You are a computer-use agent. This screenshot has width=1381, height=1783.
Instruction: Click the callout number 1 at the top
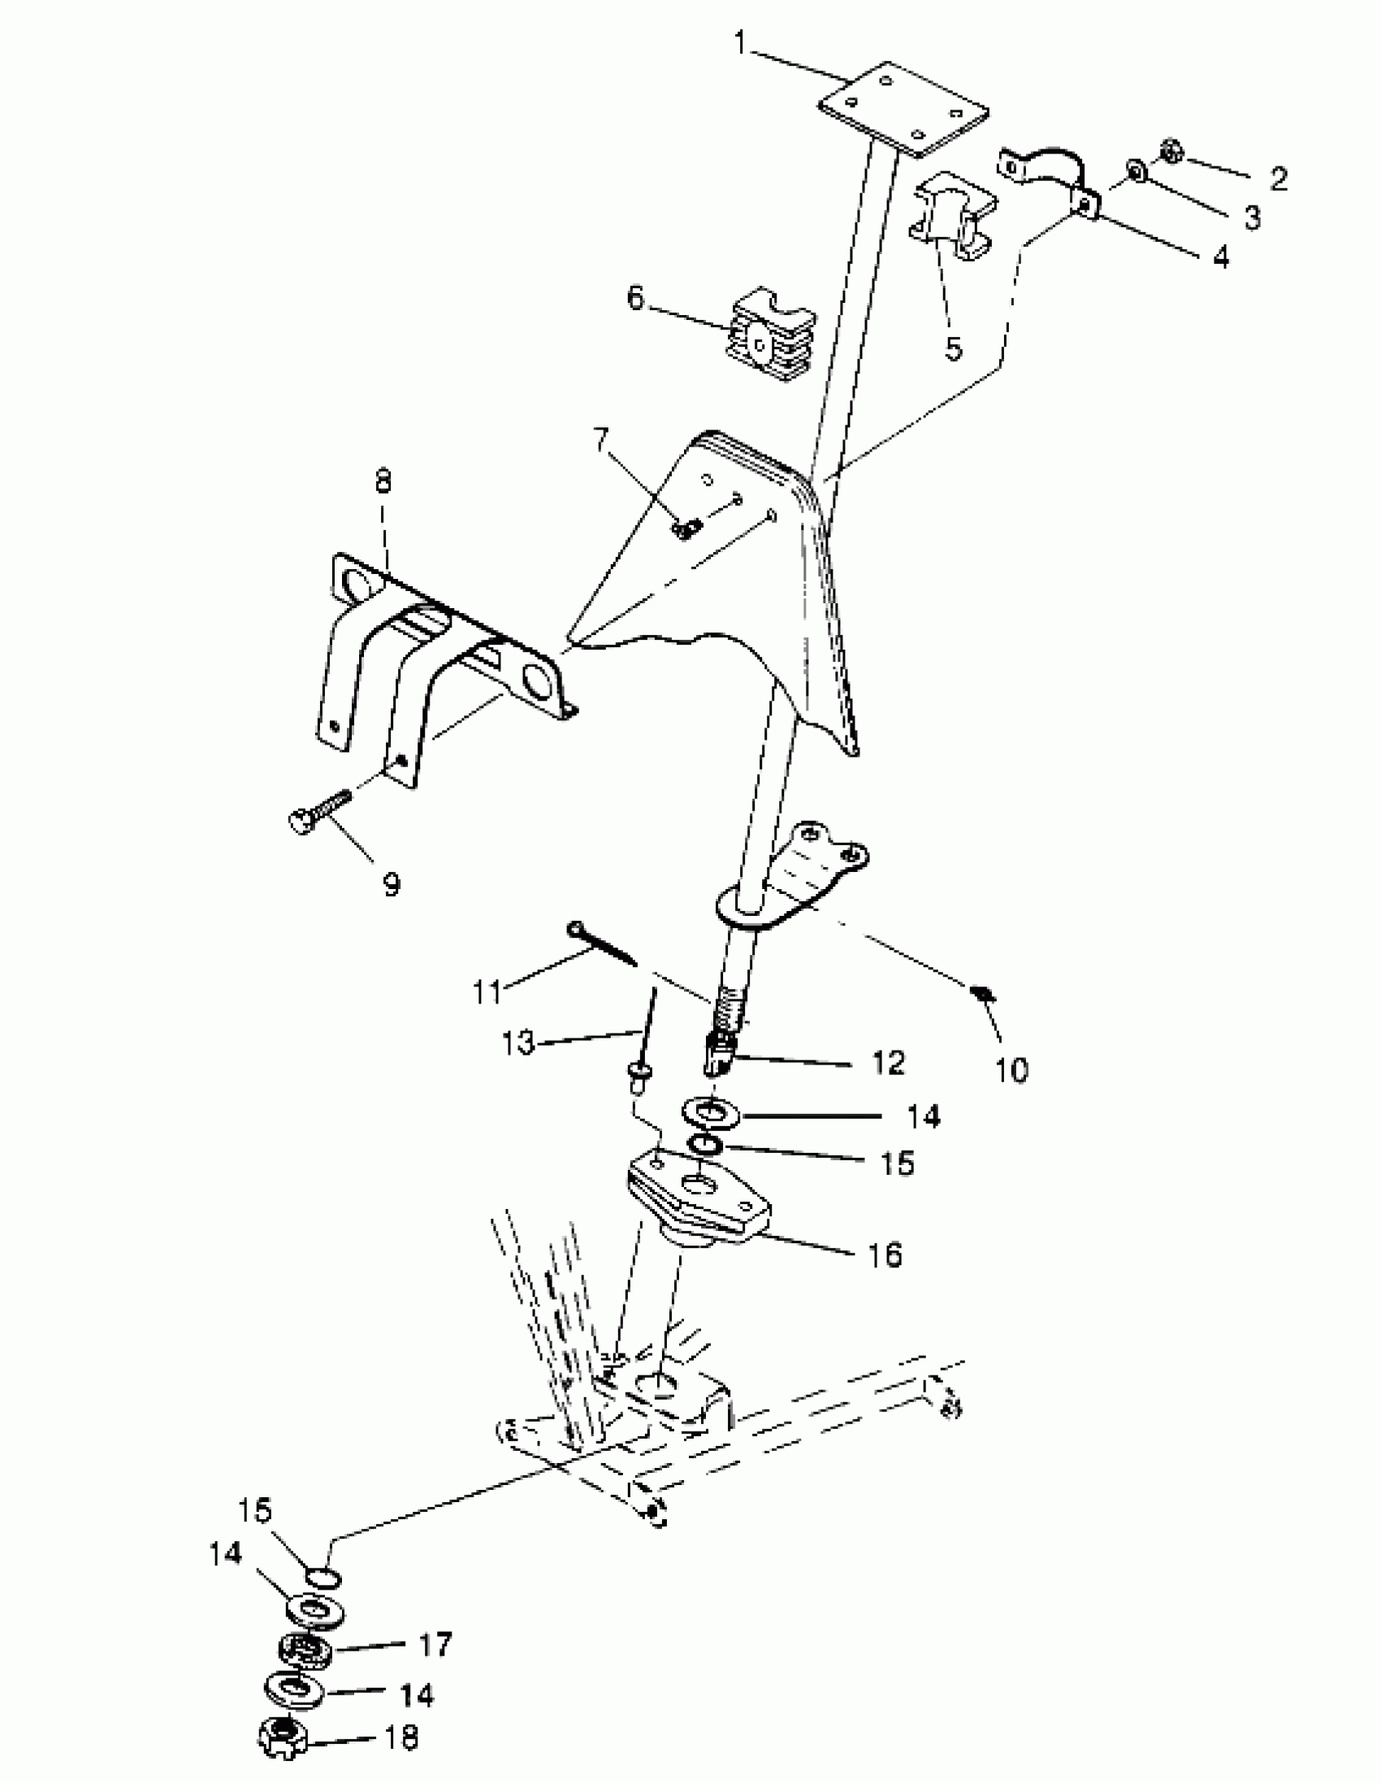point(742,42)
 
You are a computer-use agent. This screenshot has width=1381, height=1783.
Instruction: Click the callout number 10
point(1013,1069)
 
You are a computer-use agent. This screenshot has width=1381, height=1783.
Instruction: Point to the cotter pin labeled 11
point(602,943)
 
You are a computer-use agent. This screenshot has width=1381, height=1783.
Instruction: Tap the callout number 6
point(635,298)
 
